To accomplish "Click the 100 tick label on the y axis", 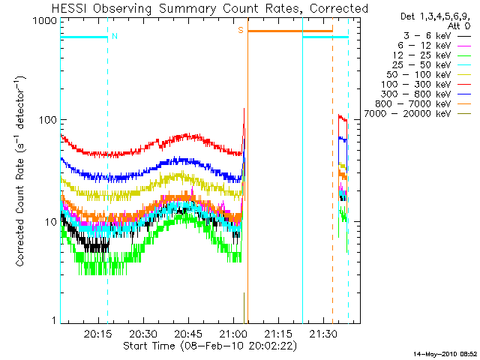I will (47, 120).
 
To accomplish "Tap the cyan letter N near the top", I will (114, 36).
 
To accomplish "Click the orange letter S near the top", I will (241, 30).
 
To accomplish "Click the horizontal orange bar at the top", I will (289, 31).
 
